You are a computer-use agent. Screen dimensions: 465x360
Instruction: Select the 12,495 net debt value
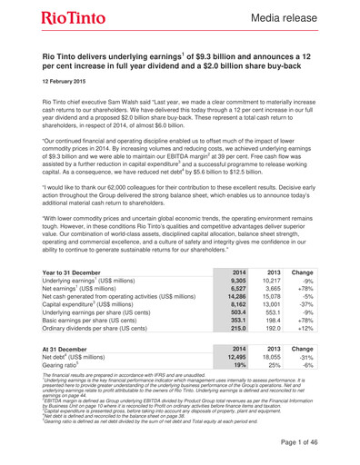point(234,383)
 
